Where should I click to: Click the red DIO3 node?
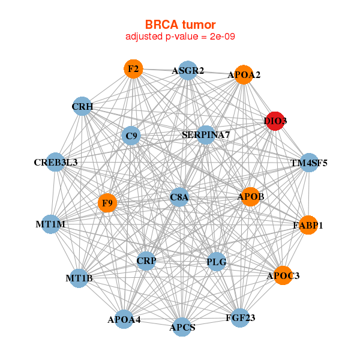(275, 121)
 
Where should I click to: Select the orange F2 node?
(133, 69)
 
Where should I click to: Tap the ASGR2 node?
(188, 70)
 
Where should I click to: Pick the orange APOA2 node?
(244, 75)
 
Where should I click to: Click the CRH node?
(82, 107)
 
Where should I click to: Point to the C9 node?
(131, 136)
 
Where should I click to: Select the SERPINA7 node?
(206, 135)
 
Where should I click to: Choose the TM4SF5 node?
(308, 163)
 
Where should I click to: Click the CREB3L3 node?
(55, 162)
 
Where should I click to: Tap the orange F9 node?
(107, 203)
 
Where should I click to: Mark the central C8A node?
(179, 197)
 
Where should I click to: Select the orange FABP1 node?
(308, 226)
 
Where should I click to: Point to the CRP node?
(146, 260)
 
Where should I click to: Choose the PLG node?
(216, 262)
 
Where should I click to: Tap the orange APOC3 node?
(283, 275)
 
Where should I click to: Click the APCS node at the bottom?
(182, 327)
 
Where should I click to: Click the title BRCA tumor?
(180, 25)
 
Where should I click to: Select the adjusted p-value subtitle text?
(180, 37)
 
